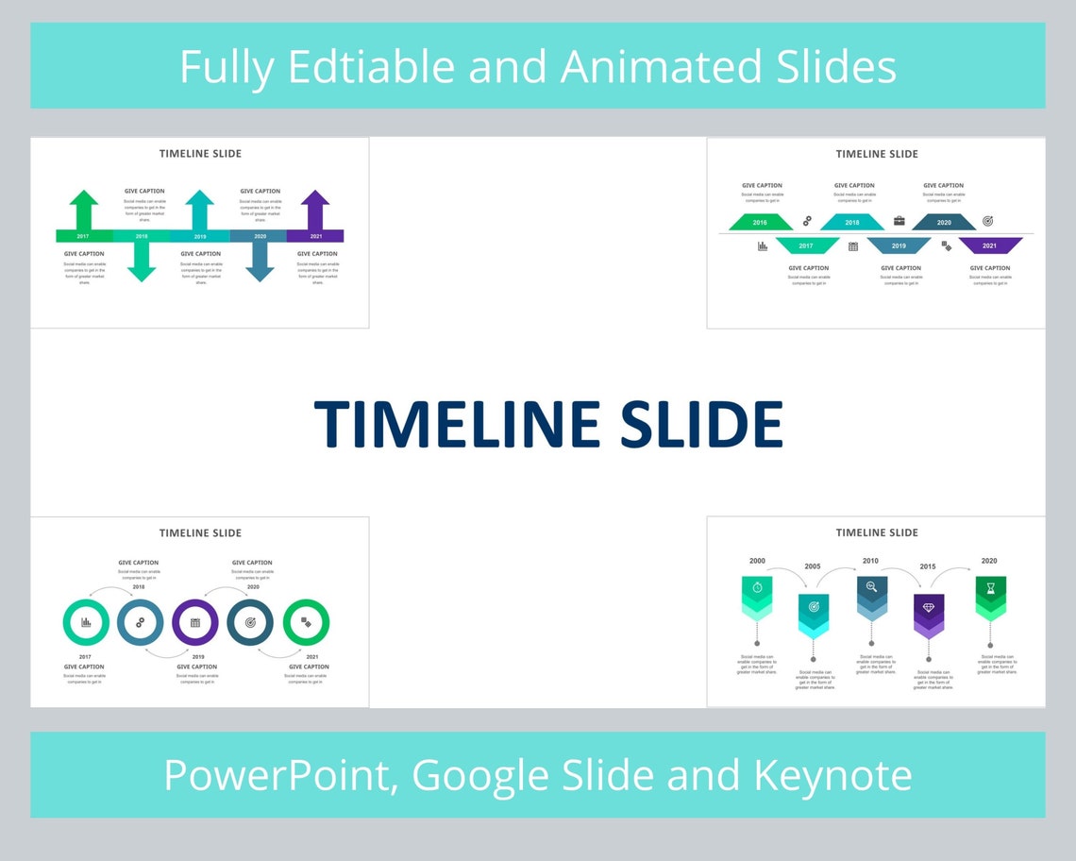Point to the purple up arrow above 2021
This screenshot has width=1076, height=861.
[x=315, y=208]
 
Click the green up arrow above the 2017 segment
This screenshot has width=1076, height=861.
[x=84, y=208]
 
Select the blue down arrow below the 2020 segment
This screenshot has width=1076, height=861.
[x=260, y=262]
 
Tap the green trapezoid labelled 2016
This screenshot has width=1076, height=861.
[x=760, y=222]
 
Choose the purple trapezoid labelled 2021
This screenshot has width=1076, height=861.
[x=990, y=245]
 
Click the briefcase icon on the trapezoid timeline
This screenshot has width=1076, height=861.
[x=899, y=221]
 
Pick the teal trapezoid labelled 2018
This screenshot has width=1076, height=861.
[x=851, y=222]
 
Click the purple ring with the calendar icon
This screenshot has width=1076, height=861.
[x=195, y=622]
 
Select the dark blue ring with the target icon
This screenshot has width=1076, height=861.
[x=250, y=622]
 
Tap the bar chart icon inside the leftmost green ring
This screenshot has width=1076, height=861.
[x=86, y=622]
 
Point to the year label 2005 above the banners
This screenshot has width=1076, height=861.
[x=813, y=566]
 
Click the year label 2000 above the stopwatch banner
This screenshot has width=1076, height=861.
[x=757, y=561]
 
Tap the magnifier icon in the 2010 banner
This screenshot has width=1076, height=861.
[x=871, y=588]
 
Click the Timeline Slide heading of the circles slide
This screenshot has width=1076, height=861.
[x=200, y=533]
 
